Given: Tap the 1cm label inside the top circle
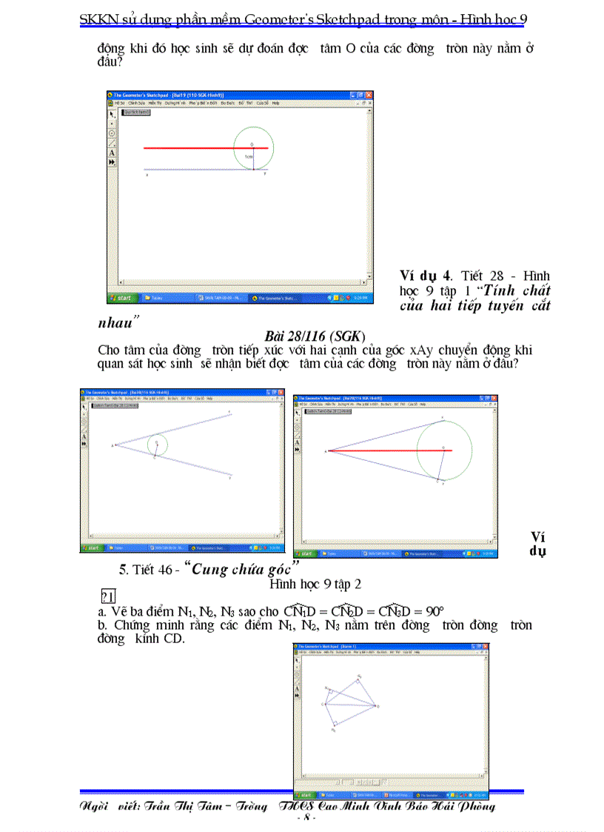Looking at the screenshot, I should click(249, 157).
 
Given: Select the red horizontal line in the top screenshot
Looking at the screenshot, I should click(192, 148).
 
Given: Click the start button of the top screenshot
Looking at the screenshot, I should click(123, 298).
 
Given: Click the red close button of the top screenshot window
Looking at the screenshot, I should click(369, 95).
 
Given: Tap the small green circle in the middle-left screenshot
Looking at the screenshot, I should click(157, 445).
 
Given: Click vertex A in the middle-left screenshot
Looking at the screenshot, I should click(115, 445).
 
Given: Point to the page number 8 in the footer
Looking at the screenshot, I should click(306, 819).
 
